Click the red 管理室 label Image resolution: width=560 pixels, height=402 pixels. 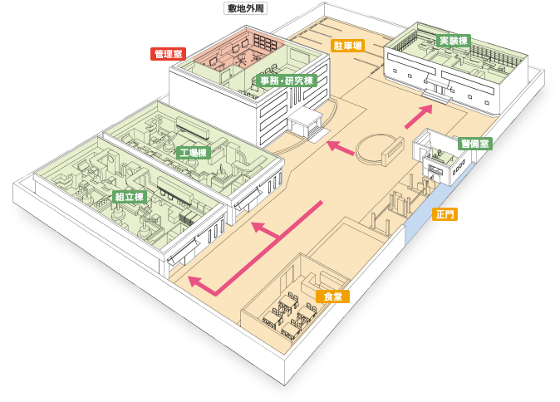click(168, 54)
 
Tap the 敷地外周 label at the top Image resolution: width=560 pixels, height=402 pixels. click(245, 8)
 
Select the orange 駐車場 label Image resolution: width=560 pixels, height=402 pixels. click(347, 46)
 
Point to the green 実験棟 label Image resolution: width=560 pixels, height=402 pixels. click(453, 41)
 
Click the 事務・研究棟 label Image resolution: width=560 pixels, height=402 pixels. click(287, 81)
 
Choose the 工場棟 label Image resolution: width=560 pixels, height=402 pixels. click(194, 153)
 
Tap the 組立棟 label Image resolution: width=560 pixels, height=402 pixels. click(130, 197)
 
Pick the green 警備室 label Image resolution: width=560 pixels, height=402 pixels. click(475, 144)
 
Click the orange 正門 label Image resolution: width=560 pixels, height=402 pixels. click(445, 214)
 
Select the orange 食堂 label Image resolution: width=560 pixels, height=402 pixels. click(332, 297)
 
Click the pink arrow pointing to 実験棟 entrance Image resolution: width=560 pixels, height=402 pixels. click(418, 116)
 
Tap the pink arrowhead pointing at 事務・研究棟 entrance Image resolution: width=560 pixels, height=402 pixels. click(333, 145)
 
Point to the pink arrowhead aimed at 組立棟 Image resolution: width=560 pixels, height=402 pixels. click(196, 282)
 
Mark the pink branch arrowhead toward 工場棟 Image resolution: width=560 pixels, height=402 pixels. click(258, 227)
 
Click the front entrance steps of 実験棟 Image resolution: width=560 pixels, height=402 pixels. click(435, 96)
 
